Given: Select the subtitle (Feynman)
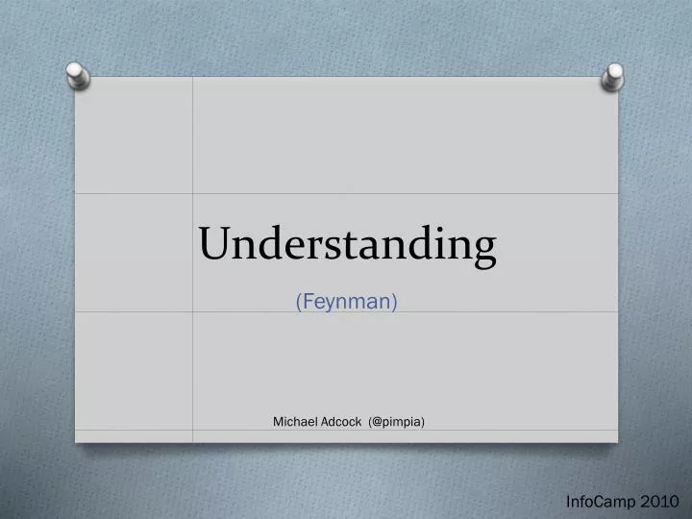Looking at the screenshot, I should (347, 302).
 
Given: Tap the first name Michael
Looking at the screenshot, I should (293, 421).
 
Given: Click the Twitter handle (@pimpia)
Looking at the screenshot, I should (396, 421).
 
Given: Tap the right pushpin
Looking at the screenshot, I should (613, 77).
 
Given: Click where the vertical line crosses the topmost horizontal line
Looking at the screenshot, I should (193, 193).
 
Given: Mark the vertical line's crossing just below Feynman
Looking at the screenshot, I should (193, 311).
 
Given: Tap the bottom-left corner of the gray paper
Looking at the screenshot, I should (76, 443).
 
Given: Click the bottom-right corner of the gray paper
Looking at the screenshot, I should (618, 443).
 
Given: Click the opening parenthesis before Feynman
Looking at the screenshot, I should (299, 302).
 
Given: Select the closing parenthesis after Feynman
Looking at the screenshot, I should (395, 302).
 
